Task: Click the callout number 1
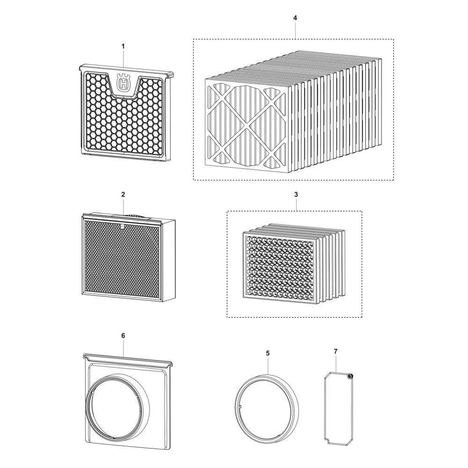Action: click(123, 46)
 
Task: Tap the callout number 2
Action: click(123, 194)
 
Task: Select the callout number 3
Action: click(296, 194)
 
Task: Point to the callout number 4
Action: click(295, 18)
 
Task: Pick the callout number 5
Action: click(268, 353)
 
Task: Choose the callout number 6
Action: click(123, 336)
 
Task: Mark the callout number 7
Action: click(336, 351)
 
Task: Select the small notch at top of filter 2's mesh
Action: click(122, 226)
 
